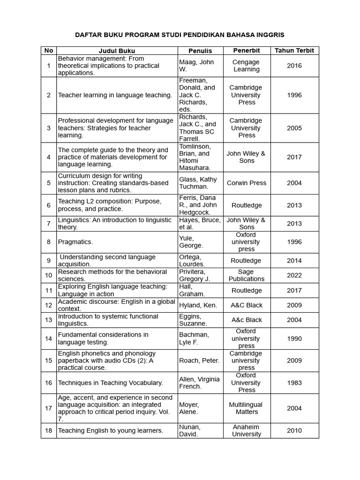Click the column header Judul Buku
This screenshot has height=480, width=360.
(117, 51)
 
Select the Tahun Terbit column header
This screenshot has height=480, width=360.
(294, 51)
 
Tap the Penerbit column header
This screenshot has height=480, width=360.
(247, 51)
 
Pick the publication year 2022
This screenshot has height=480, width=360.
(294, 275)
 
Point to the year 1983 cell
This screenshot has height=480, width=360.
(294, 382)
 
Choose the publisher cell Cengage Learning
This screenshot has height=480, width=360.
(247, 66)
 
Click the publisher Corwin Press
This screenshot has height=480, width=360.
(247, 183)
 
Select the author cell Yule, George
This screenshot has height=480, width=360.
(191, 242)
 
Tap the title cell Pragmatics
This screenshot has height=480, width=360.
(75, 242)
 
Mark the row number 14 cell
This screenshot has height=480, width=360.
(49, 338)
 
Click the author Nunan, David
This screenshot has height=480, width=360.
(190, 430)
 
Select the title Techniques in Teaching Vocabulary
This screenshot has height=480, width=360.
(111, 382)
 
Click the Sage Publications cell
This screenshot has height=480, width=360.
(247, 275)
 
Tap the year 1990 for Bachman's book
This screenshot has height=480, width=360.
(294, 338)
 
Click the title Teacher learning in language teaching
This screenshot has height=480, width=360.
(115, 95)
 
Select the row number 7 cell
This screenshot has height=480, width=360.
(49, 224)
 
